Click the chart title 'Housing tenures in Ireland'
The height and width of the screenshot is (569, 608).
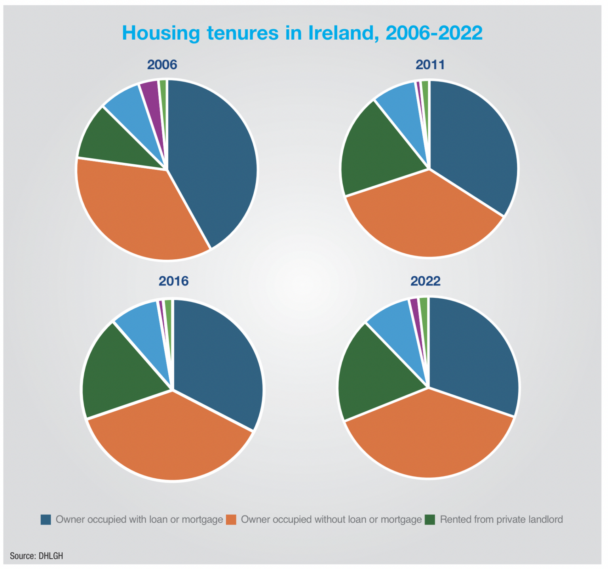pyautogui.click(x=302, y=33)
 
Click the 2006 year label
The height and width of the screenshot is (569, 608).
pyautogui.click(x=162, y=65)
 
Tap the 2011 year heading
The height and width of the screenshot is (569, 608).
pyautogui.click(x=430, y=65)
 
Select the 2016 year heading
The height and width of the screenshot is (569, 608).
pyautogui.click(x=173, y=281)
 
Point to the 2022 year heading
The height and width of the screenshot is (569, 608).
pyautogui.click(x=426, y=281)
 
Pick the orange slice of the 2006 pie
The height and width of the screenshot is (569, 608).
pyautogui.click(x=135, y=210)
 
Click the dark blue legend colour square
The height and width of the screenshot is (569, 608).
pyautogui.click(x=46, y=520)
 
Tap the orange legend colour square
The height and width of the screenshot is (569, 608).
pyautogui.click(x=231, y=520)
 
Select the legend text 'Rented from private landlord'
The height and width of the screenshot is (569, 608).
pyautogui.click(x=501, y=520)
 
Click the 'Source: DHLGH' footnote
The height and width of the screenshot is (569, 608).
pyautogui.click(x=36, y=556)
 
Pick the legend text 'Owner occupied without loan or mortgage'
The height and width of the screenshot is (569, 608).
pyautogui.click(x=331, y=520)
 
